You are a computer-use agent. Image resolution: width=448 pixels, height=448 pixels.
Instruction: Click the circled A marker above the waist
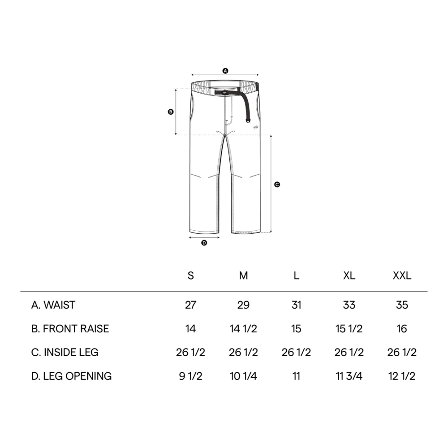225,71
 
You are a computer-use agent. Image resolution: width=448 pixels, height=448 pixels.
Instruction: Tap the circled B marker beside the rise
171,112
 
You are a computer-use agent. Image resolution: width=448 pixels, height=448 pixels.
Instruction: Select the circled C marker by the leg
277,185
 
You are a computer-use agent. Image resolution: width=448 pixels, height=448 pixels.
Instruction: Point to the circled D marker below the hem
204,243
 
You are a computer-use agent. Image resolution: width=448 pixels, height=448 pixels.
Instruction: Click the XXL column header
402,276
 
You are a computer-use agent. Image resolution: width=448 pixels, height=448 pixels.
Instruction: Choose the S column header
190,276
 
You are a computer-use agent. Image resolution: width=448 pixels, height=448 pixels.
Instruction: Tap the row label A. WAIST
53,305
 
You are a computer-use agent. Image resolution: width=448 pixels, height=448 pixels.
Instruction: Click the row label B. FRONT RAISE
70,328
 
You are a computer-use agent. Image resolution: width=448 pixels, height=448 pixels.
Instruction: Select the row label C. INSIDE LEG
65,352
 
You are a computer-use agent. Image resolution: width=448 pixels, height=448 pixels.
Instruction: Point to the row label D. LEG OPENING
71,376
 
